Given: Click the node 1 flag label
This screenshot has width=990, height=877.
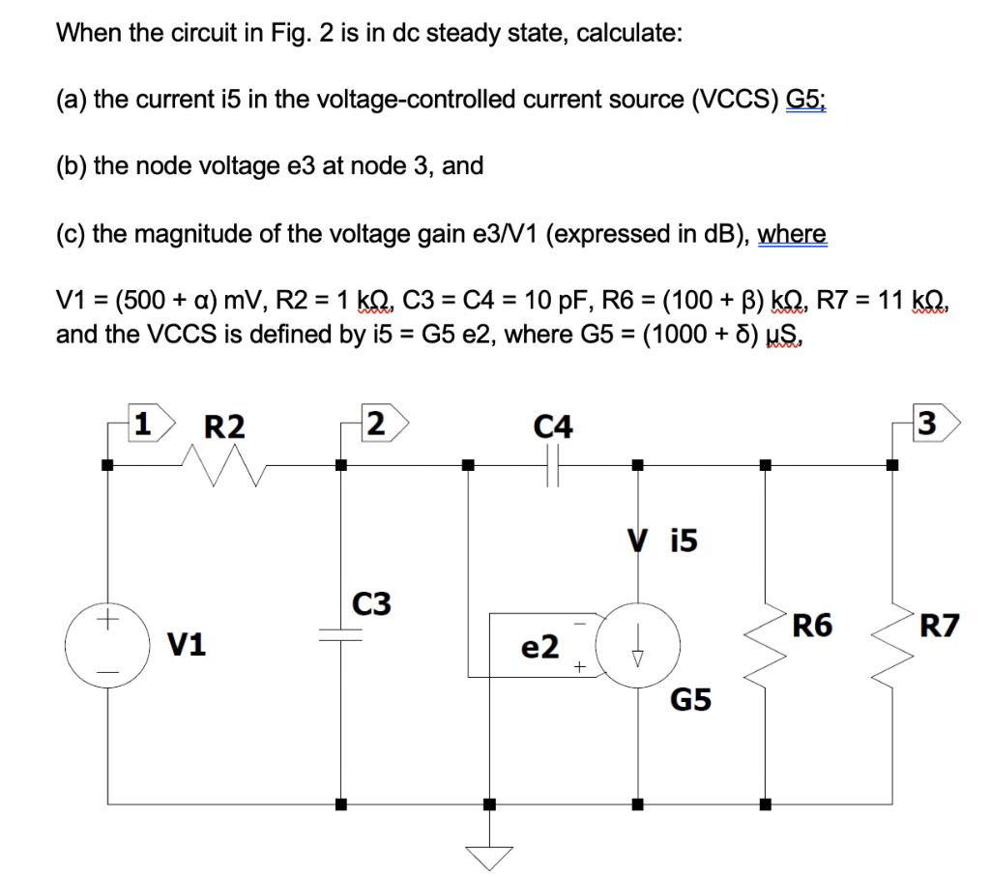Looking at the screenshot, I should pos(146,424).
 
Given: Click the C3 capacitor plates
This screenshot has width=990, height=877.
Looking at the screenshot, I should pos(341,633).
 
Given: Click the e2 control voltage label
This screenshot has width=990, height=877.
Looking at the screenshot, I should pos(539,647).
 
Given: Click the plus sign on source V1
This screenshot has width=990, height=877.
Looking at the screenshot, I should pos(108,615).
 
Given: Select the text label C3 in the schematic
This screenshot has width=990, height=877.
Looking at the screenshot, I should pos(371,604).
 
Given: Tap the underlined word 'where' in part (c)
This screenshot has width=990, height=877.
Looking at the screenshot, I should pos(792,234).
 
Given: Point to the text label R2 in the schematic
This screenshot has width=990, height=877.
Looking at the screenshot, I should pos(224,425).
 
